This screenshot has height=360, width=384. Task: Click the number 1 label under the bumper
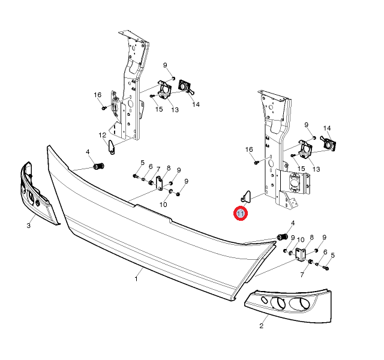pyautogui.click(x=136, y=278)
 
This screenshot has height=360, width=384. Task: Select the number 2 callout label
pyautogui.click(x=261, y=326)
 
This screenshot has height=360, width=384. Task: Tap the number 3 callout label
pyautogui.click(x=29, y=226)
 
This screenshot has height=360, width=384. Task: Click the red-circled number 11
pyautogui.click(x=241, y=214)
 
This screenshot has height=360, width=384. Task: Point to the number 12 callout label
pyautogui.click(x=103, y=135)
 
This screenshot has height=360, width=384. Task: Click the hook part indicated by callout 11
pyautogui.click(x=245, y=197)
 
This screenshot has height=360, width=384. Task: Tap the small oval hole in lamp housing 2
pyautogui.click(x=264, y=300)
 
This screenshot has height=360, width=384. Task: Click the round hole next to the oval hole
pyautogui.click(x=278, y=303)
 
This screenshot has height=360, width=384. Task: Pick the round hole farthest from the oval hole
pyautogui.click(x=299, y=304)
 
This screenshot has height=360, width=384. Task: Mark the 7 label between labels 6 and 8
pyautogui.click(x=158, y=169)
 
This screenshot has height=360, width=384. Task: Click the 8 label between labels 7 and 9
pyautogui.click(x=169, y=168)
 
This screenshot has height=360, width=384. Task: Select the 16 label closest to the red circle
pyautogui.click(x=249, y=149)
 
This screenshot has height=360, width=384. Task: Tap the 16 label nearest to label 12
pyautogui.click(x=97, y=95)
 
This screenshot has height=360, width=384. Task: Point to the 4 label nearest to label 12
pyautogui.click(x=88, y=152)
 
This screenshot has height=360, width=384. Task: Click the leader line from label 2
pyautogui.click(x=265, y=319)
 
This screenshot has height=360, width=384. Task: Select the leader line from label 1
pyautogui.click(x=140, y=272)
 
